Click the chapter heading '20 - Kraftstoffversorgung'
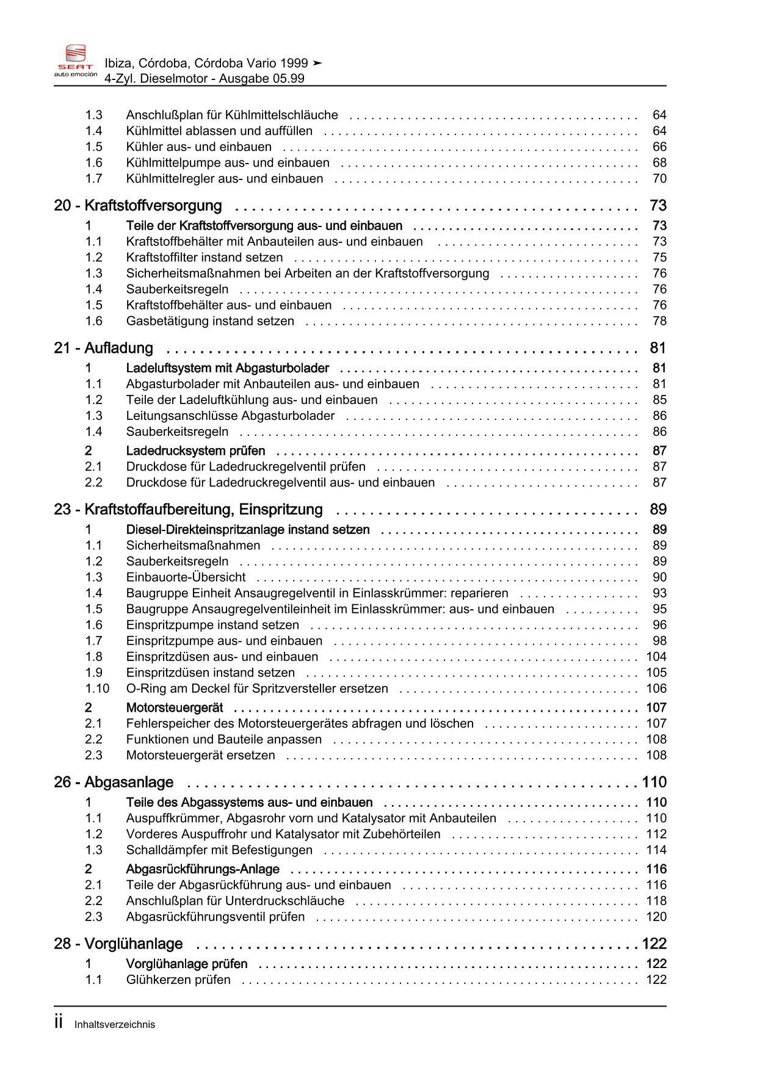pos(138,206)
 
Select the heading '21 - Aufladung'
pos(104,348)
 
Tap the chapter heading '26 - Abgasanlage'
pos(114,782)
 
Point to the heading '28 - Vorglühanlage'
pos(118,944)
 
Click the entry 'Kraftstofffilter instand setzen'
pos(205,258)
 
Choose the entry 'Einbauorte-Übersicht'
pos(186,577)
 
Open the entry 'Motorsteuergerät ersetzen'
pos(200,755)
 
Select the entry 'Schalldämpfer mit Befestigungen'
pos(219,850)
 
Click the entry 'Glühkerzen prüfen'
pos(178,980)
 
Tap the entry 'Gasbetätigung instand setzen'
pos(210,321)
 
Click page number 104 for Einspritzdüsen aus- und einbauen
pos(656,657)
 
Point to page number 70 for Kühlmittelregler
pos(659,179)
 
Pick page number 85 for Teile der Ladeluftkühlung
pos(659,400)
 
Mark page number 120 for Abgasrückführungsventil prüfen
pos(656,917)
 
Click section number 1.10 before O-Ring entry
pos(97,689)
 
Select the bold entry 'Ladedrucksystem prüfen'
pos(195,451)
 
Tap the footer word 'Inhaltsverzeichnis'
pos(115,1025)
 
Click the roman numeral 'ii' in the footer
pos(59,1023)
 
